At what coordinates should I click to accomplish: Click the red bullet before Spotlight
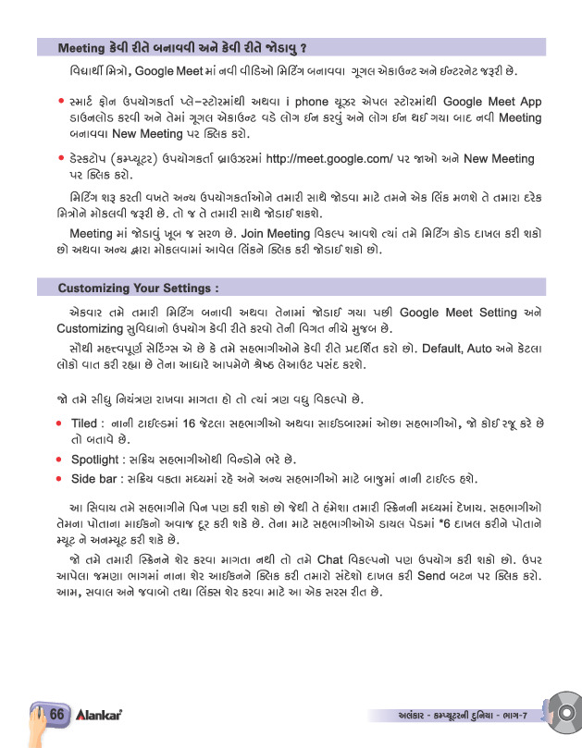[60, 460]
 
